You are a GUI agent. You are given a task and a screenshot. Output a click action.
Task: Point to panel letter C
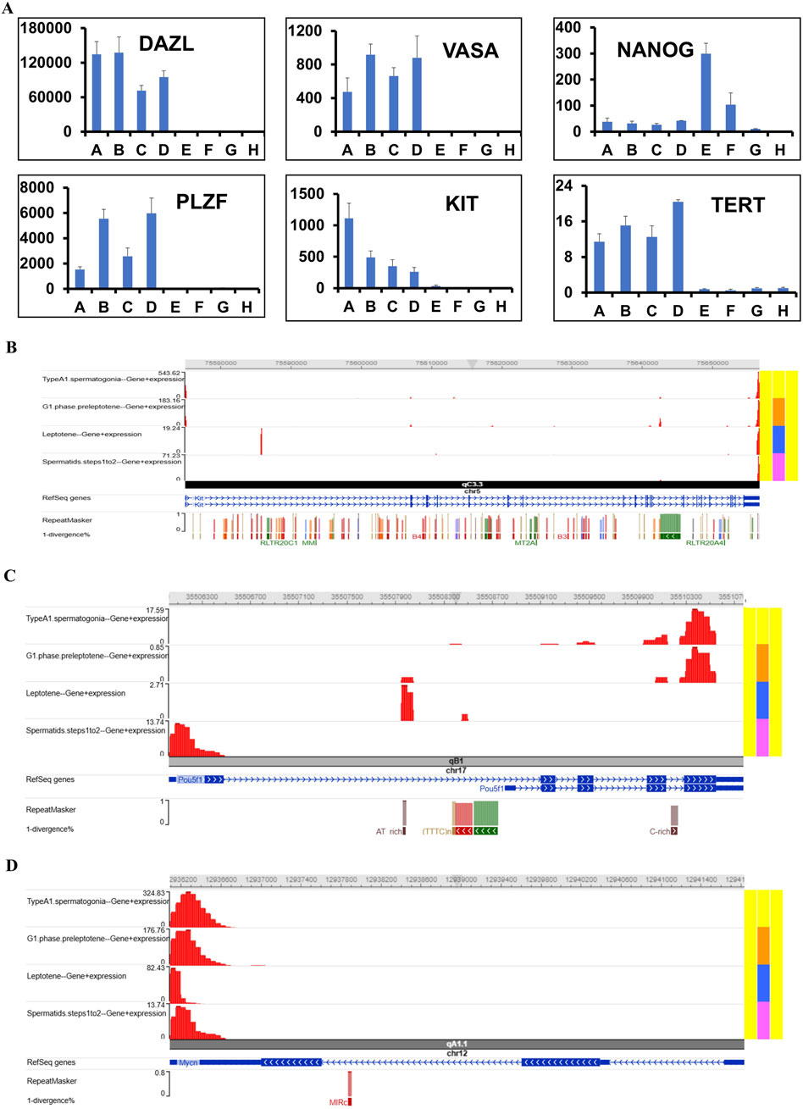coord(9,576)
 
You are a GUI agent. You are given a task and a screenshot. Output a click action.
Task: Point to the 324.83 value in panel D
coord(154,893)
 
